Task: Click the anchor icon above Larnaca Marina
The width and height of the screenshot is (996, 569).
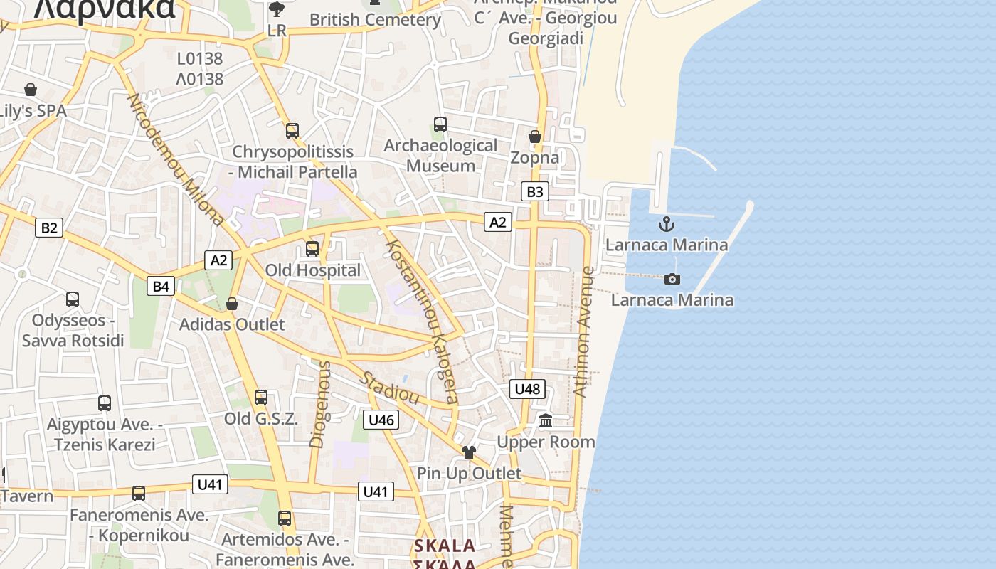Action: click(666, 225)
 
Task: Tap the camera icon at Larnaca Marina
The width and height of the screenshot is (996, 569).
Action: click(672, 279)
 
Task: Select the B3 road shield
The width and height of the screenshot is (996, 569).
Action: click(534, 191)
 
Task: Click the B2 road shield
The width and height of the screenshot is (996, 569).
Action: click(48, 228)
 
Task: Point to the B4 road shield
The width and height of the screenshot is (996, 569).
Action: click(161, 286)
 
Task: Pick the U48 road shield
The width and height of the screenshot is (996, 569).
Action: click(527, 388)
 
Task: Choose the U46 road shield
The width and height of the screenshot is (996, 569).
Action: click(381, 420)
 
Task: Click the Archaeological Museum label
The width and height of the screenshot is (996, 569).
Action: click(440, 156)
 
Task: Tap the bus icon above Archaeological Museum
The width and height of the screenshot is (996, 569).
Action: click(440, 124)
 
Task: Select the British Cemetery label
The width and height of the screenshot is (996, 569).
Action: click(375, 20)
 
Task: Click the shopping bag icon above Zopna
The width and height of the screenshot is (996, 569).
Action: click(535, 136)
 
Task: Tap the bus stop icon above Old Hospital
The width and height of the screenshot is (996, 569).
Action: click(312, 249)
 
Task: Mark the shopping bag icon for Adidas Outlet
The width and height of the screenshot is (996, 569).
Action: click(232, 304)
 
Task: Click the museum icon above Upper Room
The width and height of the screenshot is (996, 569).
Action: click(546, 421)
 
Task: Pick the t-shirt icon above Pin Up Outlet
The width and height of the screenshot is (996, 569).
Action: click(468, 452)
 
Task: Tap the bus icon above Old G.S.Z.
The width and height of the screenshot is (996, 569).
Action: click(261, 398)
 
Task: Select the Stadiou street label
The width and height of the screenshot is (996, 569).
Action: click(388, 387)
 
